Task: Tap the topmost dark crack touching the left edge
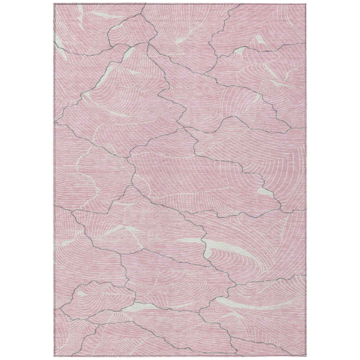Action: point(54,40)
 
